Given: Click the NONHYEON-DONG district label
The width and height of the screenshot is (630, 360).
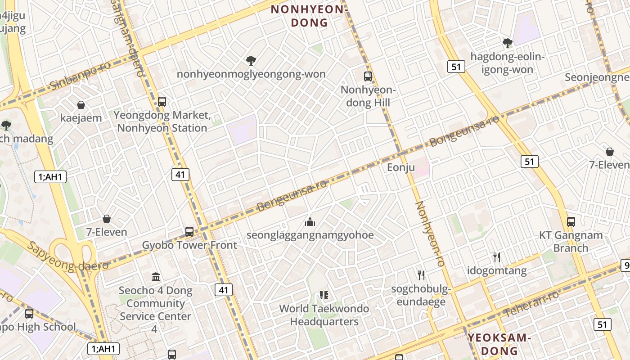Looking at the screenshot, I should tap(309, 15).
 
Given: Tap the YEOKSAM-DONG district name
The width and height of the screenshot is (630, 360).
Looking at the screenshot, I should tap(499, 344).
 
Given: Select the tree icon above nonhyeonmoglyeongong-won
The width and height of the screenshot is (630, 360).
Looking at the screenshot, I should tap(251, 60).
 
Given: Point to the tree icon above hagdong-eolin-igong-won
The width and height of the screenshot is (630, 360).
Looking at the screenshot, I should tap(508, 43).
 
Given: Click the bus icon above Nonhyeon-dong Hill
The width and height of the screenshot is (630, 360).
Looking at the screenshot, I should tap(368, 76).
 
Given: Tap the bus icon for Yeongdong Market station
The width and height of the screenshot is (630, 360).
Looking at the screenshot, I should tap(162, 101).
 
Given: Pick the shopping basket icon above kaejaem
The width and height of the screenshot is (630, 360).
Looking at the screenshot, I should tap(81, 105).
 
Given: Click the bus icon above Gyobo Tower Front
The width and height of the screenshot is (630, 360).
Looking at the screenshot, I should tap(189, 232).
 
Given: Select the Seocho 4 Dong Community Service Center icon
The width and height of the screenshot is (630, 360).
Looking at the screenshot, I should tap(156, 277).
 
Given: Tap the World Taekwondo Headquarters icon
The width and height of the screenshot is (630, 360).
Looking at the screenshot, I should tap(324, 295).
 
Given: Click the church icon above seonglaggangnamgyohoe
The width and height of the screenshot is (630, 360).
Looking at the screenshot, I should tap(310, 221).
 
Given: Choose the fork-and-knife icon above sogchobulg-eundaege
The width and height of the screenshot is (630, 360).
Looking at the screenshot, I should tap(421, 274).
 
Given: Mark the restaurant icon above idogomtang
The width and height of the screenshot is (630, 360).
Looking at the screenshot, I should tap(497, 257).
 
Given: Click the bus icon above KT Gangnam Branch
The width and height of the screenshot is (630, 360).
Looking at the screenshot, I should tap(571, 221).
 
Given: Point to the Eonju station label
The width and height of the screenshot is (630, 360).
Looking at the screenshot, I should tap(400, 168).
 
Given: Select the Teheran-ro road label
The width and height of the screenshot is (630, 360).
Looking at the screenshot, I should tap(531, 304).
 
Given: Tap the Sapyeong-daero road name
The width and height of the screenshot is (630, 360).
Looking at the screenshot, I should tap(67, 256).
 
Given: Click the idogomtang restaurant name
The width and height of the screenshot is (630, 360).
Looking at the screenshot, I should tap(497, 270).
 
